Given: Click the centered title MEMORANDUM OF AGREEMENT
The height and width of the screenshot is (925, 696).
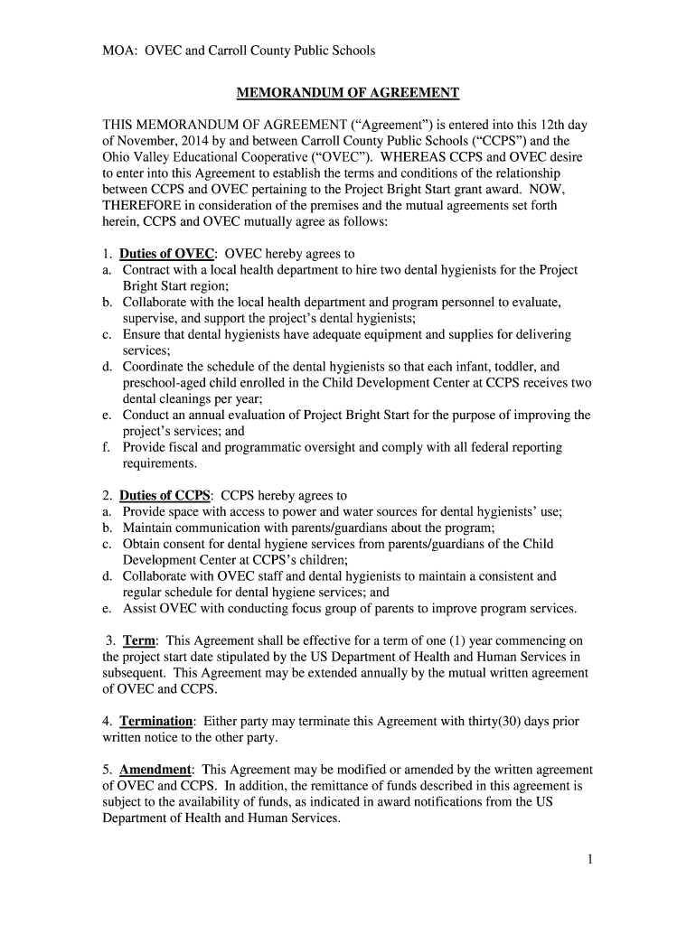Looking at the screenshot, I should (x=348, y=92).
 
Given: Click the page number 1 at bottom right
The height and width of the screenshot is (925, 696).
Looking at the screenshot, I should (x=588, y=859).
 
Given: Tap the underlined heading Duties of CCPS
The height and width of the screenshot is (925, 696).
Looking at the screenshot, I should (x=165, y=495).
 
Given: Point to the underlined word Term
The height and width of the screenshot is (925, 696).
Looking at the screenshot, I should (x=139, y=640).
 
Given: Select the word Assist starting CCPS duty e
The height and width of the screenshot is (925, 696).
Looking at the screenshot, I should (x=140, y=608).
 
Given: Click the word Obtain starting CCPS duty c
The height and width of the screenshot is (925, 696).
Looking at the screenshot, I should (x=143, y=544).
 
